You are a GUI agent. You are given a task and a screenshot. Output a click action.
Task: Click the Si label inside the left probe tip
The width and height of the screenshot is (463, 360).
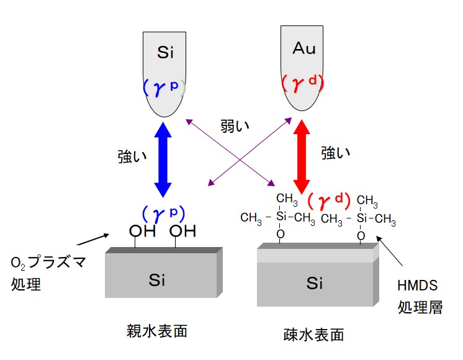165,52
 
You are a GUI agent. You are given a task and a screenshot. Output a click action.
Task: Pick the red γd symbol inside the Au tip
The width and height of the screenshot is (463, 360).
303,83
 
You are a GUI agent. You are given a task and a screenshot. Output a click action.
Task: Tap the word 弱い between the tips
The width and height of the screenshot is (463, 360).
235,126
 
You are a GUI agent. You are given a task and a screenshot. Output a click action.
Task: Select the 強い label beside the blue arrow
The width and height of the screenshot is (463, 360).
132,157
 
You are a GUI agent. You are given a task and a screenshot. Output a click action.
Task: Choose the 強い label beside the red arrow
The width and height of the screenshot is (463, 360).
336,153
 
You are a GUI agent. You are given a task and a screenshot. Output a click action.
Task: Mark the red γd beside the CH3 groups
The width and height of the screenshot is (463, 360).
330,200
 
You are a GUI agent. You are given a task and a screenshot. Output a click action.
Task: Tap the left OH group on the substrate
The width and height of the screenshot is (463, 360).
142,232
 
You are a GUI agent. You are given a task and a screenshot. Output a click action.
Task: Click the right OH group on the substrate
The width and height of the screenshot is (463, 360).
182,232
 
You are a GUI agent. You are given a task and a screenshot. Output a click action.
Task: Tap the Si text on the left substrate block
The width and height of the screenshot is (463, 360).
158,280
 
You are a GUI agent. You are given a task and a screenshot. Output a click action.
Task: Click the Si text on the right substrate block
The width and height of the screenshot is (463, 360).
315,284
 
